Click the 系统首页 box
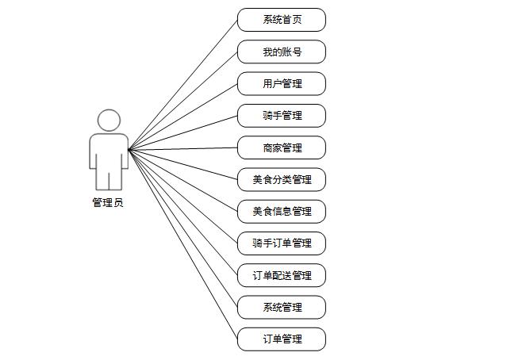tap(282, 20)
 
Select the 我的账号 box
tap(282, 52)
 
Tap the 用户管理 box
tap(282, 83)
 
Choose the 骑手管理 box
tap(282, 116)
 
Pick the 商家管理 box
tap(282, 147)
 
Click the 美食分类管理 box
tap(282, 179)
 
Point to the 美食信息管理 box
tap(282, 211)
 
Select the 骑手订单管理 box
tap(282, 243)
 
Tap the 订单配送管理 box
tap(282, 275)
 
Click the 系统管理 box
tap(282, 307)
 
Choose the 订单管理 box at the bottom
tap(282, 339)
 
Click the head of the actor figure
tap(109, 121)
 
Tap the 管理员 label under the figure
tap(108, 203)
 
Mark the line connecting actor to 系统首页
tap(183, 84)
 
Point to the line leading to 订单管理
tap(183, 244)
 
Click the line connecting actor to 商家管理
tap(183, 148)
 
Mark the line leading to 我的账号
tap(183, 100)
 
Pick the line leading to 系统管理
tap(183, 228)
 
